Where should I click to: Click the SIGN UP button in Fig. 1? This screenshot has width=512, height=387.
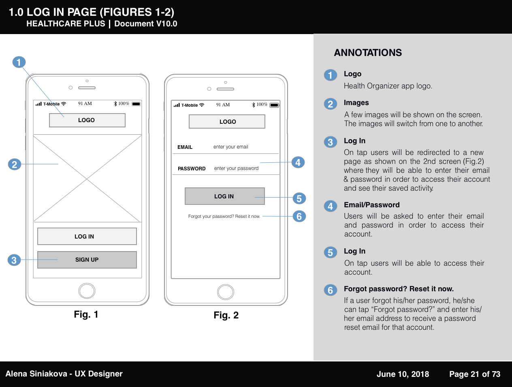(x=87, y=260)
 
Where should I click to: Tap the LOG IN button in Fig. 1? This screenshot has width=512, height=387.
(x=87, y=236)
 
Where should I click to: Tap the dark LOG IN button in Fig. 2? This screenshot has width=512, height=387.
(x=224, y=196)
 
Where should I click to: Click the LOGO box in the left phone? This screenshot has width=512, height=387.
(x=87, y=120)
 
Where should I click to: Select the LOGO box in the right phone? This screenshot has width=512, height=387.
(x=227, y=122)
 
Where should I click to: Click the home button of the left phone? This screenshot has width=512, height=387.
(x=87, y=291)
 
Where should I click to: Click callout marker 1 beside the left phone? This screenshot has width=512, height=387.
(x=19, y=62)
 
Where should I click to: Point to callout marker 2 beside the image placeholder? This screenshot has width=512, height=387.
(x=15, y=164)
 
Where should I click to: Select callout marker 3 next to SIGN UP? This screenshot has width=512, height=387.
(x=14, y=260)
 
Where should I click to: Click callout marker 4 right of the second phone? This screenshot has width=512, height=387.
(x=298, y=163)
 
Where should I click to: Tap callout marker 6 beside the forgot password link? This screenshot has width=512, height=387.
(x=299, y=216)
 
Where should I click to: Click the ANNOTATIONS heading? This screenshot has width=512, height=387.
(x=368, y=53)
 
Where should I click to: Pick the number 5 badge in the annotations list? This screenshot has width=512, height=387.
(x=330, y=252)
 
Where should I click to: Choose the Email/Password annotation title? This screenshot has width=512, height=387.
(x=371, y=205)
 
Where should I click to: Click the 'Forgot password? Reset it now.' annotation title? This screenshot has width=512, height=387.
(x=399, y=289)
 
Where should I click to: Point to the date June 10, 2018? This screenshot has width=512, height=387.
(x=403, y=374)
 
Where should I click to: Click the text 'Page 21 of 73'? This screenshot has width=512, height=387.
(x=475, y=374)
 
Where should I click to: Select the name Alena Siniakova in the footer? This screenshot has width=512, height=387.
(x=36, y=374)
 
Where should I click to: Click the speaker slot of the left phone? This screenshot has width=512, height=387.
(x=87, y=88)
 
